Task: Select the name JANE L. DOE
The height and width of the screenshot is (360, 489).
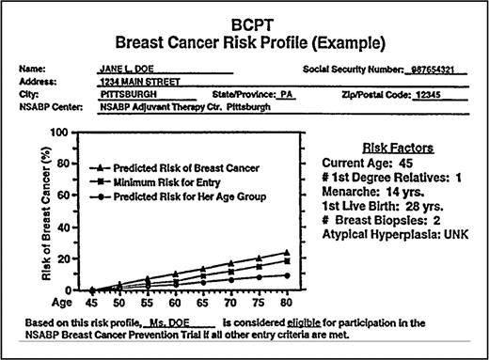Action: [125, 70]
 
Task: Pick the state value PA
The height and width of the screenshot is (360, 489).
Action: [287, 96]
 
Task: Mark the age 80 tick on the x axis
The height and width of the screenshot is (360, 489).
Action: [285, 304]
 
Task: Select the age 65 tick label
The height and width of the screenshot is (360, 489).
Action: [202, 304]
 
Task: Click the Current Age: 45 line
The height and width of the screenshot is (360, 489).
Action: [358, 164]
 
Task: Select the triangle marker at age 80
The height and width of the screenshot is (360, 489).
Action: [285, 253]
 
